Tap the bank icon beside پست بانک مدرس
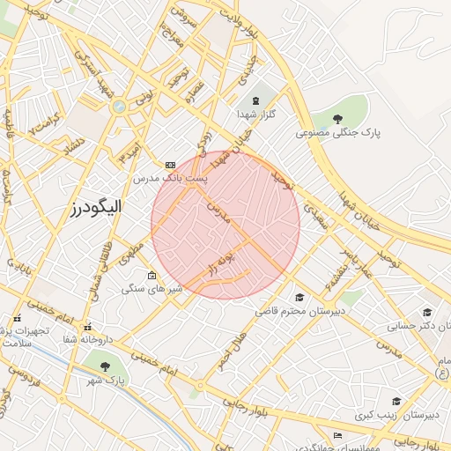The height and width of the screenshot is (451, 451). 170,165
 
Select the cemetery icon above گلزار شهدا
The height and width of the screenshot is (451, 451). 256,101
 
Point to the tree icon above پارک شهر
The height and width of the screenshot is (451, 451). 107,366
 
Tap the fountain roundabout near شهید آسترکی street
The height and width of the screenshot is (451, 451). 118,107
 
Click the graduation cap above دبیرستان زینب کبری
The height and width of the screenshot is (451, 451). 397,401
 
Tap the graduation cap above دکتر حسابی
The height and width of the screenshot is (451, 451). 427,312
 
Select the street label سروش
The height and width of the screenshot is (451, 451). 180,12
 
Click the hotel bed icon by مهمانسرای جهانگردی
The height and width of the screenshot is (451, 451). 337,435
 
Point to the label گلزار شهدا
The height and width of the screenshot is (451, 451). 256,115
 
